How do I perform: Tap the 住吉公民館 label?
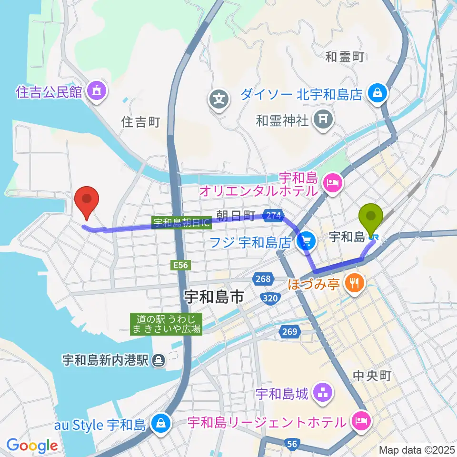[x=49, y=91]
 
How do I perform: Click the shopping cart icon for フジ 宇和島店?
[x=305, y=242]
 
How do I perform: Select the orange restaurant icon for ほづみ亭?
[x=355, y=284]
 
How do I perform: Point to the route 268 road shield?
[x=265, y=279]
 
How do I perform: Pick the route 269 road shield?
[x=291, y=332]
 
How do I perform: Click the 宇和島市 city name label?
[x=214, y=298]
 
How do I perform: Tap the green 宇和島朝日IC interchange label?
[x=181, y=222]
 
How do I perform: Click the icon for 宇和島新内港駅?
[x=159, y=360]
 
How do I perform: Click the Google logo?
[x=32, y=446]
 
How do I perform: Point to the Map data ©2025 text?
[x=416, y=449]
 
